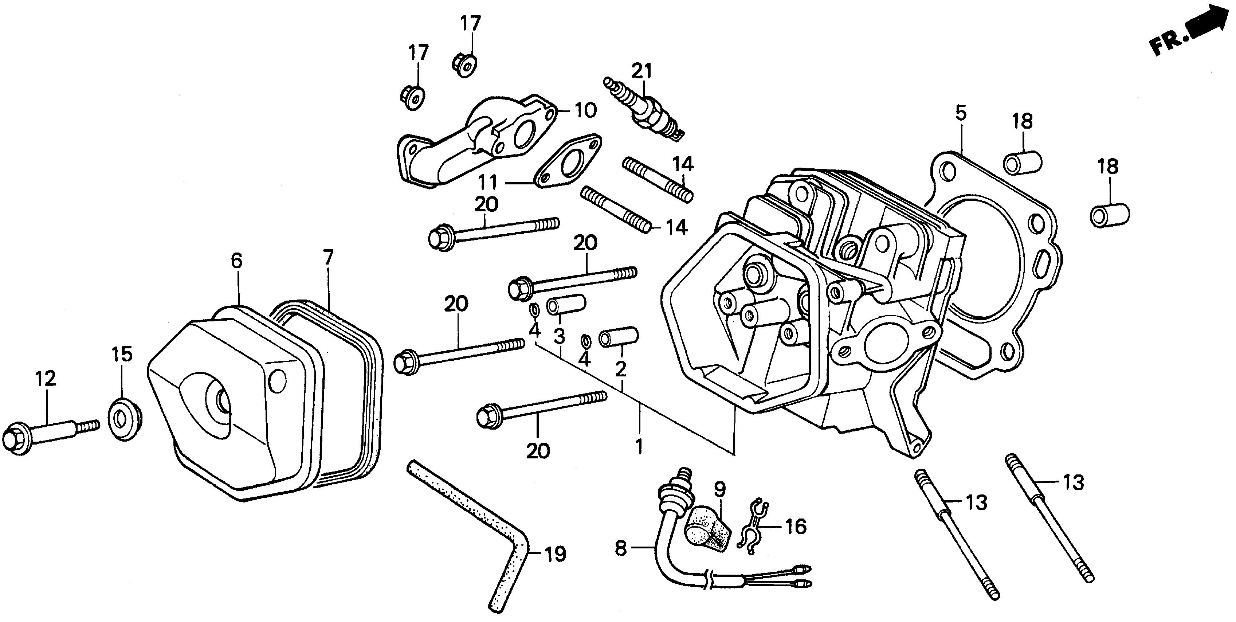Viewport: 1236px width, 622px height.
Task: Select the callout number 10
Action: coord(585,110)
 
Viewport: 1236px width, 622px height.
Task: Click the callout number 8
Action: coord(621,548)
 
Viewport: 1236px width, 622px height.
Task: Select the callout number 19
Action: coord(555,555)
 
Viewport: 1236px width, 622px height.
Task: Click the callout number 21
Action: coord(642,71)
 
